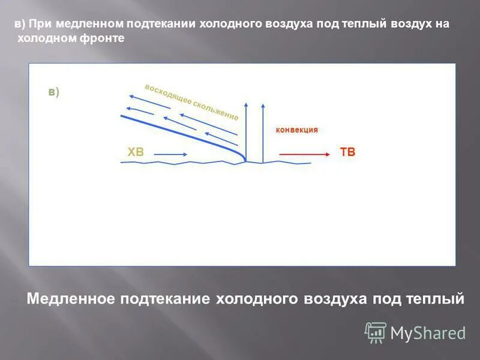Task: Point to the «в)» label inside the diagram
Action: [54, 92]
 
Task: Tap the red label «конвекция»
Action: [296, 130]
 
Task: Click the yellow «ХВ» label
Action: [136, 152]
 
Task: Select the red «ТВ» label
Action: [347, 152]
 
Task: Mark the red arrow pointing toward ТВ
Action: [305, 155]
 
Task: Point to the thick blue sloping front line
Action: [180, 133]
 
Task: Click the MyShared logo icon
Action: [376, 332]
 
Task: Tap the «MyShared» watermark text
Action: [428, 333]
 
